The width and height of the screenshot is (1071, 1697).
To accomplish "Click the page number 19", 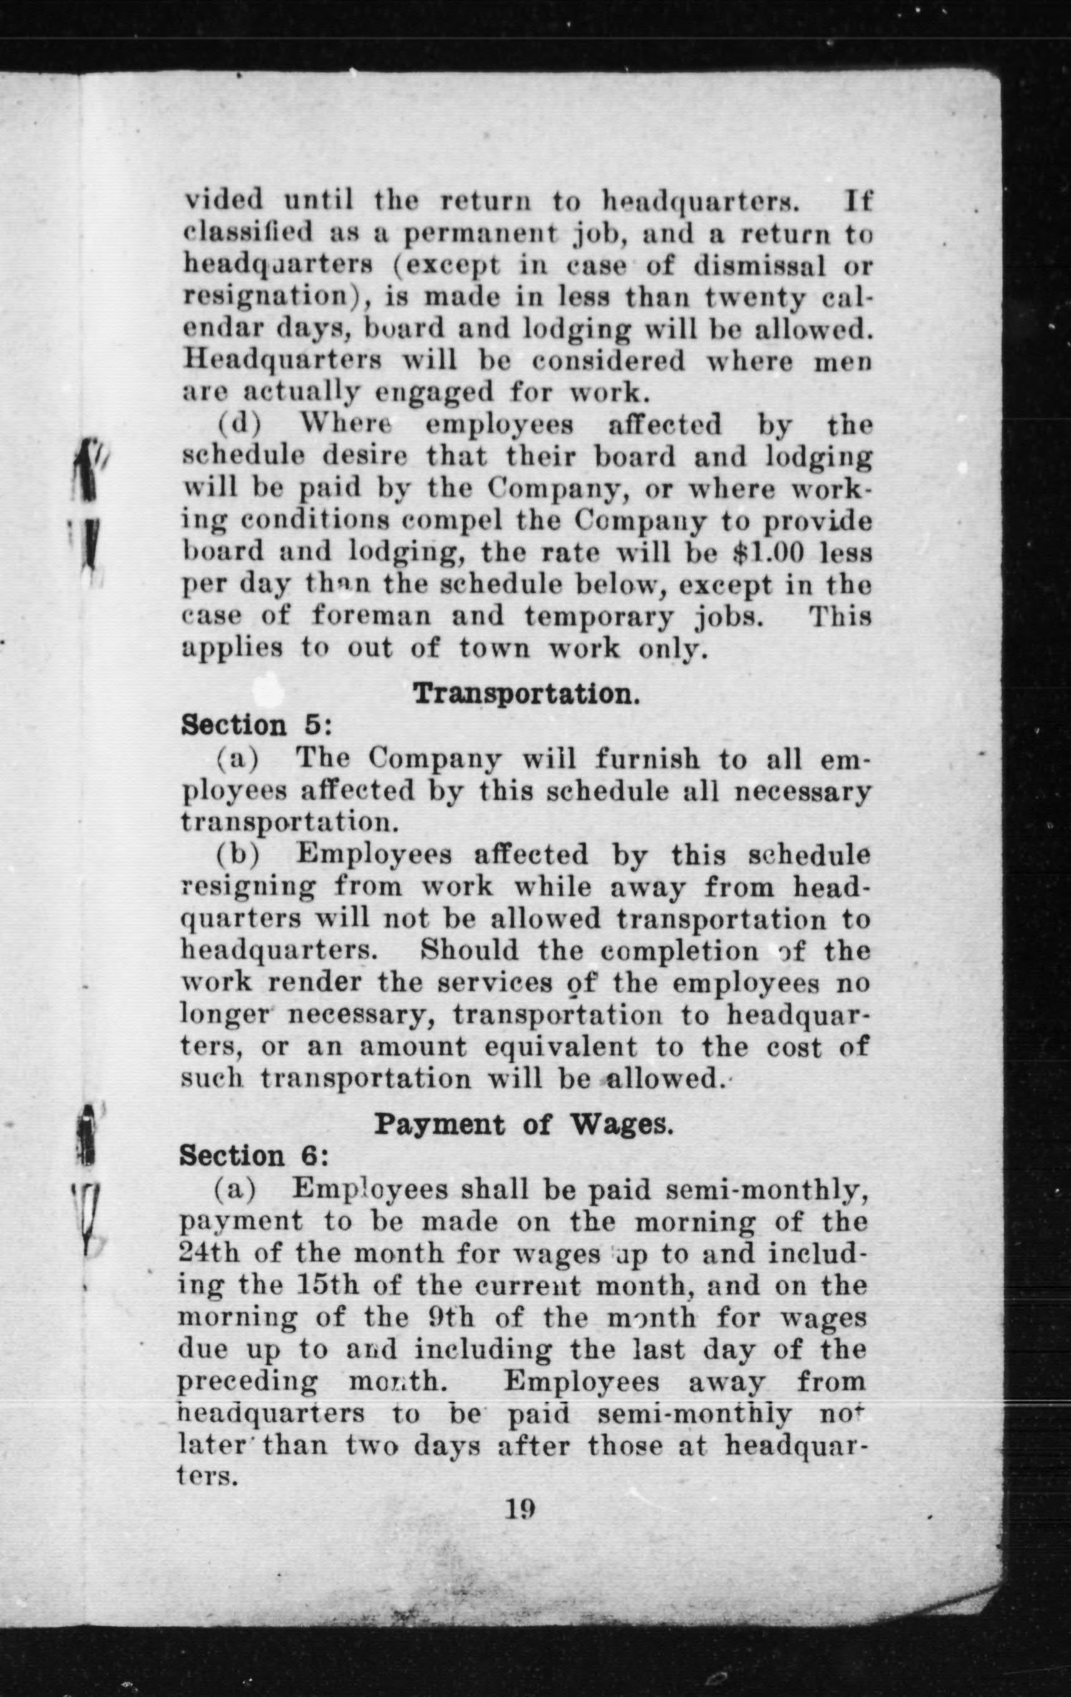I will [x=520, y=1508].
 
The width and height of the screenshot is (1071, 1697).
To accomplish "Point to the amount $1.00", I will [x=769, y=552].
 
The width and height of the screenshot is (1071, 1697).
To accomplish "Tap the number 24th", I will [x=205, y=1254].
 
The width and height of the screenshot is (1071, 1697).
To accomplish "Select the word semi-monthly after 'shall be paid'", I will [x=766, y=1190].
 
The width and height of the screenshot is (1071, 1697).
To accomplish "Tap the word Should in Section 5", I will [x=469, y=950].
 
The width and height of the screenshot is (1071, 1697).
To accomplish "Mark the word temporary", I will [x=599, y=616].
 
